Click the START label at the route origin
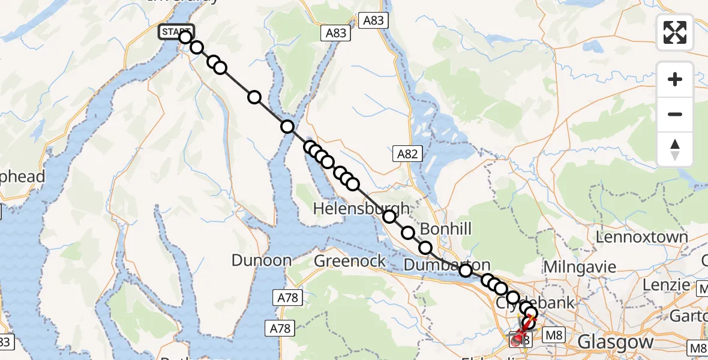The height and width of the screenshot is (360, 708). [175, 32]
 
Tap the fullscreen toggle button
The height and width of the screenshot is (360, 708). [675, 32]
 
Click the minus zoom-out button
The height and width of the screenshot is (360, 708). [675, 114]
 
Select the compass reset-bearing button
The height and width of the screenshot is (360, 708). [675, 149]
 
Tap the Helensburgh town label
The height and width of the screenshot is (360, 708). [362, 209]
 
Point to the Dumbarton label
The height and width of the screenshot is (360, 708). [447, 265]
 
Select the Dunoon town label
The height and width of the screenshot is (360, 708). [262, 260]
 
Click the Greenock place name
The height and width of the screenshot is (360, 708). [350, 260]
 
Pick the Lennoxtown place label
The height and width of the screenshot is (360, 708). [641, 237]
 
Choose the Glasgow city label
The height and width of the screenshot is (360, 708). [615, 342]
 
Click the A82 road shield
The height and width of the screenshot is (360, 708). [407, 154]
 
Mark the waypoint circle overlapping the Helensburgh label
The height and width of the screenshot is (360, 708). [389, 217]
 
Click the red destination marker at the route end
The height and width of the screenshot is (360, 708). [517, 341]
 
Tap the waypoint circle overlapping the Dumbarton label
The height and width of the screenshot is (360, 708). [465, 271]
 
